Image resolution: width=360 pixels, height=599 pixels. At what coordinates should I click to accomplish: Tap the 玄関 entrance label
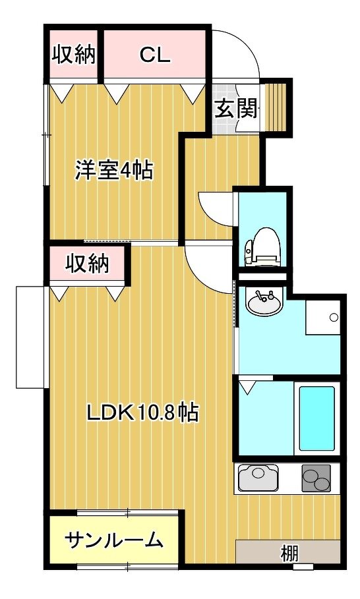pyautogui.click(x=236, y=109)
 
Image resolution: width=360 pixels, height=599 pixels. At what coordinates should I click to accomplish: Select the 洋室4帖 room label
pyautogui.click(x=114, y=171)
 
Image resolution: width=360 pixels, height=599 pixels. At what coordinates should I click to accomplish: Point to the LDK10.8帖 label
pyautogui.click(x=142, y=412)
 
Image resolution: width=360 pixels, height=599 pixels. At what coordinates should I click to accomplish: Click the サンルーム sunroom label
pyautogui.click(x=114, y=540)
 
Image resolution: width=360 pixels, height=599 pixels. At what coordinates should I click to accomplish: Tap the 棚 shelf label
pyautogui.click(x=289, y=554)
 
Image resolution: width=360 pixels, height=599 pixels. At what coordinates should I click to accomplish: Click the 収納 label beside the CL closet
pyautogui.click(x=73, y=54)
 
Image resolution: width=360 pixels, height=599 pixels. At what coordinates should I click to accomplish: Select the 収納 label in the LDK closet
pyautogui.click(x=88, y=263)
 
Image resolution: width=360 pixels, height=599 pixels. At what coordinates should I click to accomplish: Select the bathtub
pyautogui.click(x=316, y=418)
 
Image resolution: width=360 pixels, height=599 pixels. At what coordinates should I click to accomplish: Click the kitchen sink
pyautogui.click(x=258, y=477)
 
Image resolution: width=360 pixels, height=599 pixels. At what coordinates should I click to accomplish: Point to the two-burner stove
pyautogui.click(x=316, y=478)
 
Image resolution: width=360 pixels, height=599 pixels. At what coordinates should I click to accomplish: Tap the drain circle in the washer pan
pyautogui.click(x=334, y=317)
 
